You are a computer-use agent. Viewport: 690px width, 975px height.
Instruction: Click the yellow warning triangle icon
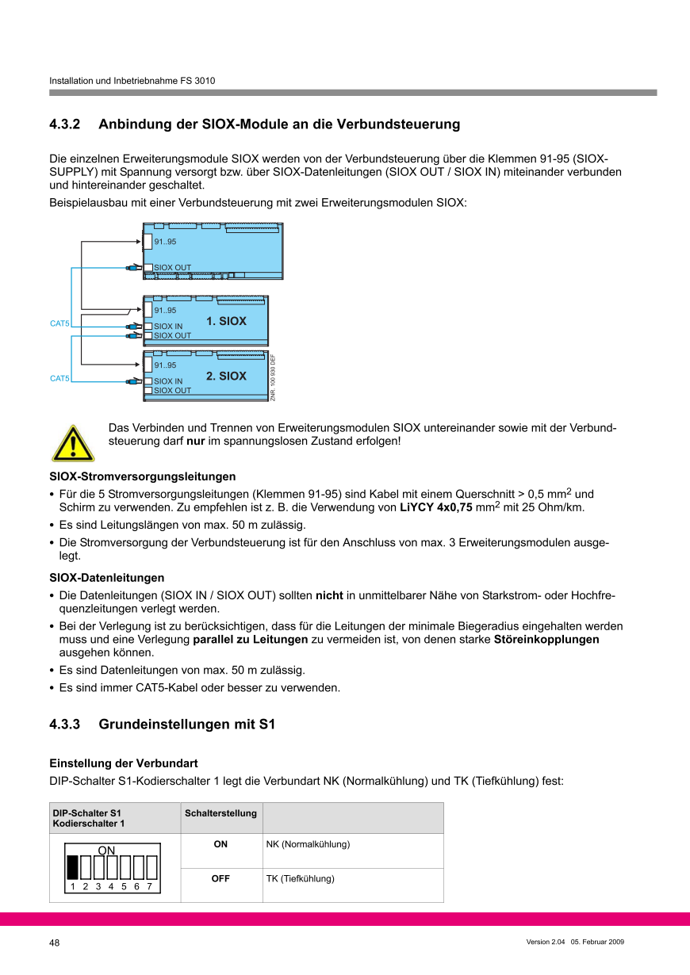coord(73,443)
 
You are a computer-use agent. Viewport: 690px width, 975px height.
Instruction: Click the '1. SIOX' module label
coord(226,321)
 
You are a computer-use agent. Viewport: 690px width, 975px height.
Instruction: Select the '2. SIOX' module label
coord(226,376)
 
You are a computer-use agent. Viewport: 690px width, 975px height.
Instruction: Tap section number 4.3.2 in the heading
coord(65,124)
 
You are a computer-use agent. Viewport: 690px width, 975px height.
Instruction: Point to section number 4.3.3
coord(65,725)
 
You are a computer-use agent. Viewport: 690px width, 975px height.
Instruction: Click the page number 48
coord(55,942)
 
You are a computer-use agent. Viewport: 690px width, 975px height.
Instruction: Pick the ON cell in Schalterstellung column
coord(220,845)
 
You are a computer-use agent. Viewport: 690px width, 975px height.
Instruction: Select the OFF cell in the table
coord(220,879)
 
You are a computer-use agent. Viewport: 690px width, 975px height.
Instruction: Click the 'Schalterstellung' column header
coord(220,813)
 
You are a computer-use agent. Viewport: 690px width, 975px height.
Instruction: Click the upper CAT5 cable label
coord(59,323)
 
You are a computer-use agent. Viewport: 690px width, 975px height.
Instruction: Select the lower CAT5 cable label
coord(59,379)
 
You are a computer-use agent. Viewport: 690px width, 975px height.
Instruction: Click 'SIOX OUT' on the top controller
coord(172,268)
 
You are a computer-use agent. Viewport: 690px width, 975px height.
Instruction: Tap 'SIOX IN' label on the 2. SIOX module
coord(167,381)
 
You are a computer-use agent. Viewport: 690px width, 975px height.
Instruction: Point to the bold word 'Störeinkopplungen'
coord(546,639)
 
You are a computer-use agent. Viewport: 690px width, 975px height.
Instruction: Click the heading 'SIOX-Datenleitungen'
coord(107,578)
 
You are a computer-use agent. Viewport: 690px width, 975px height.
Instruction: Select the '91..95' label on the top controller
coord(165,242)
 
